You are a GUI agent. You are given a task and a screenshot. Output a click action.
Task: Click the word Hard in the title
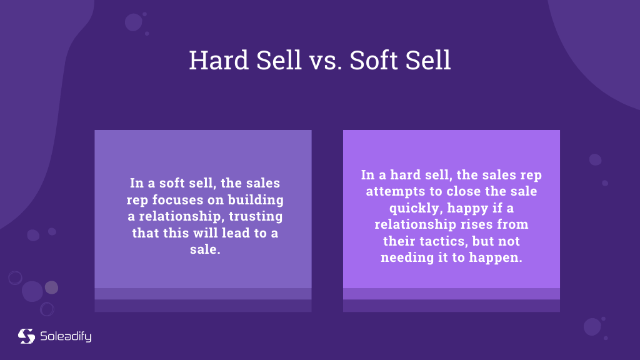[219, 60]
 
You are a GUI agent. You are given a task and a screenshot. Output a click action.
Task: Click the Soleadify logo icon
[26, 336]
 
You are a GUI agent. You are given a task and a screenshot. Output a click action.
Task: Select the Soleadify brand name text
[66, 336]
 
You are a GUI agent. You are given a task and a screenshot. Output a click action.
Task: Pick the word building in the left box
[256, 200]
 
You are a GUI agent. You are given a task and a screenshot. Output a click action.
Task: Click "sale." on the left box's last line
[205, 249]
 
